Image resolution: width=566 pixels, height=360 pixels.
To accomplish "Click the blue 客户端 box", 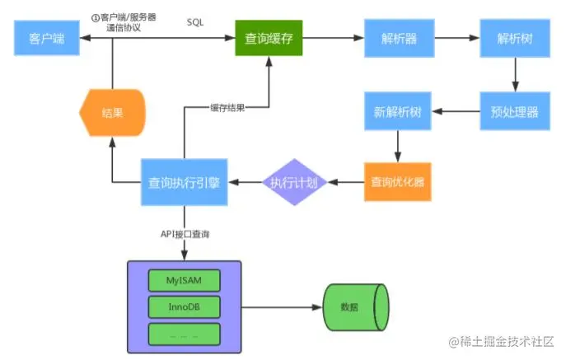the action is click(x=47, y=38).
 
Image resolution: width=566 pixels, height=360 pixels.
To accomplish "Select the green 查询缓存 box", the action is click(x=269, y=38).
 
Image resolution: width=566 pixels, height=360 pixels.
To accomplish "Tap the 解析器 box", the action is click(x=400, y=38).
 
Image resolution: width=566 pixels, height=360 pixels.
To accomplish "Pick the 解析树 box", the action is click(x=515, y=38).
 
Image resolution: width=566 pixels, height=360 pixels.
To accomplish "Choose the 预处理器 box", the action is click(x=515, y=111).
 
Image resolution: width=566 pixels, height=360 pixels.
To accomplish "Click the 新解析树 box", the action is click(x=398, y=111).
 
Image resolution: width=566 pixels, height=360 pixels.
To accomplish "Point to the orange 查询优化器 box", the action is click(x=398, y=181).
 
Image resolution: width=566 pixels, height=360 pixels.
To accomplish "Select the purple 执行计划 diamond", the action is click(x=295, y=182).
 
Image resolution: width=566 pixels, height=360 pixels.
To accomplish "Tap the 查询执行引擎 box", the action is click(x=184, y=182).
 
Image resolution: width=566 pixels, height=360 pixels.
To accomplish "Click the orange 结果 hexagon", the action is click(x=112, y=113).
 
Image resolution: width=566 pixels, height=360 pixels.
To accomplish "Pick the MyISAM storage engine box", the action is click(x=184, y=281).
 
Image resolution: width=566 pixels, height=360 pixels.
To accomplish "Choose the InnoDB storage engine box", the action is click(x=184, y=307).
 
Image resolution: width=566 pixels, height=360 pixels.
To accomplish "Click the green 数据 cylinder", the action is click(x=356, y=307).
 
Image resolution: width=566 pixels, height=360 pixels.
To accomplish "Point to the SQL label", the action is click(x=195, y=22).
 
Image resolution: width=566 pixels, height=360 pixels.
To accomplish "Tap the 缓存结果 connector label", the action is click(x=227, y=108).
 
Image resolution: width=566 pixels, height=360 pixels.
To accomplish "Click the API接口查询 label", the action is click(x=185, y=234).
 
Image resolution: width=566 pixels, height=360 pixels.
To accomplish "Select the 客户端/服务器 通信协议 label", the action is click(x=124, y=22).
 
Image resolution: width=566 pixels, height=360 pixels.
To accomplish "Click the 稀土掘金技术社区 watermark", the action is click(x=501, y=341).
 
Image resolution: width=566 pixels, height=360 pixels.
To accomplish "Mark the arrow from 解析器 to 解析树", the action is click(x=457, y=38).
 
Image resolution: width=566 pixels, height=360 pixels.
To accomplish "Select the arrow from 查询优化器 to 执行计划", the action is click(x=346, y=182).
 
